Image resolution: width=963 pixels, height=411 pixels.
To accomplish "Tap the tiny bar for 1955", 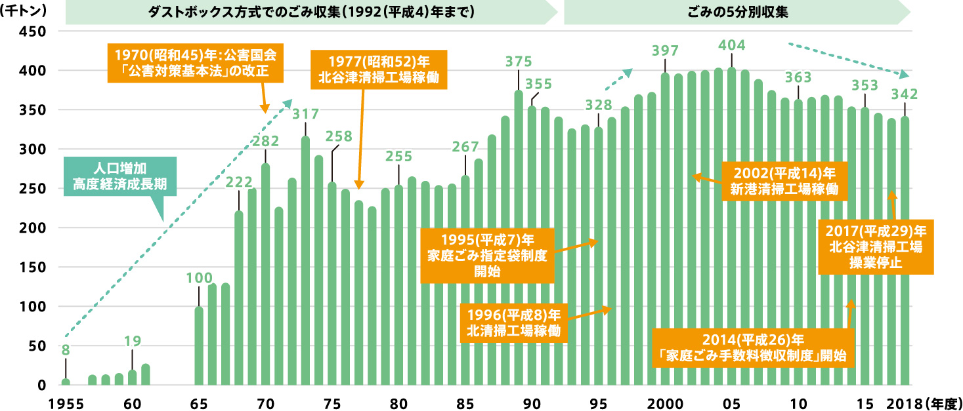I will [x=66, y=382].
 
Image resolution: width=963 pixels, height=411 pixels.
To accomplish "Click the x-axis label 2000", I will [x=666, y=401].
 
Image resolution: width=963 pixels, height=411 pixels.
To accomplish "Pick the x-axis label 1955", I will [x=64, y=401].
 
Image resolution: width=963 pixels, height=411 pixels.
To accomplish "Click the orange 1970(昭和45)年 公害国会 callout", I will [x=195, y=62].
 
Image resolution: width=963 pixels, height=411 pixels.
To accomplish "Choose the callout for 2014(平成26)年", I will [x=752, y=347].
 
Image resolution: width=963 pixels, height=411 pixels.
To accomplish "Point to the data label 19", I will [x=132, y=341].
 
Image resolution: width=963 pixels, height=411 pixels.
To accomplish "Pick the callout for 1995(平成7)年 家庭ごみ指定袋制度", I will [x=486, y=254].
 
